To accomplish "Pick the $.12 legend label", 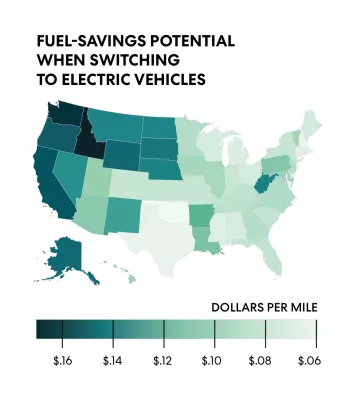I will pyautogui.click(x=160, y=358).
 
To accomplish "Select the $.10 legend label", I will pyautogui.click(x=211, y=358).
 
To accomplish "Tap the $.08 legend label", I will pyautogui.click(x=261, y=358).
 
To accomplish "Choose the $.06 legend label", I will pyautogui.click(x=309, y=358).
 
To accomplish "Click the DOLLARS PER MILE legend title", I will pyautogui.click(x=263, y=307).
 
